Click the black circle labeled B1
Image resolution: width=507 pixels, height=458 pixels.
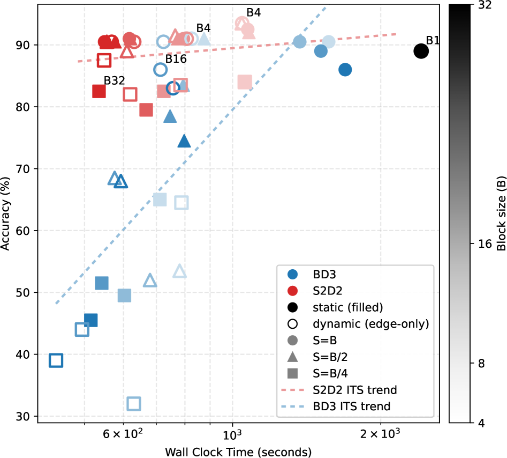(x=421, y=51)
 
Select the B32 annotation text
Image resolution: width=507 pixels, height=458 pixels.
(x=114, y=80)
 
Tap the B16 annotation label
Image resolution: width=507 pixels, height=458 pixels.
(x=176, y=59)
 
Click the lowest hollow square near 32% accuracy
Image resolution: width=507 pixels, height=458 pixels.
(x=134, y=403)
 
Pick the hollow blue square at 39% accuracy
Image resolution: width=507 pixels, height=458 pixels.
(x=56, y=360)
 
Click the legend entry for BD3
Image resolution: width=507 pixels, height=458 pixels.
(x=324, y=274)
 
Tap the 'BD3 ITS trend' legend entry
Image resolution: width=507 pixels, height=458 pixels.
(x=351, y=407)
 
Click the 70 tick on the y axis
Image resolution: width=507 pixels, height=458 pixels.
(x=26, y=169)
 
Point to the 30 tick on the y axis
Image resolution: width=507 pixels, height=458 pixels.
(x=26, y=416)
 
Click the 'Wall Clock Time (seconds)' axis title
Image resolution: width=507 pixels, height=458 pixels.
(x=238, y=450)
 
